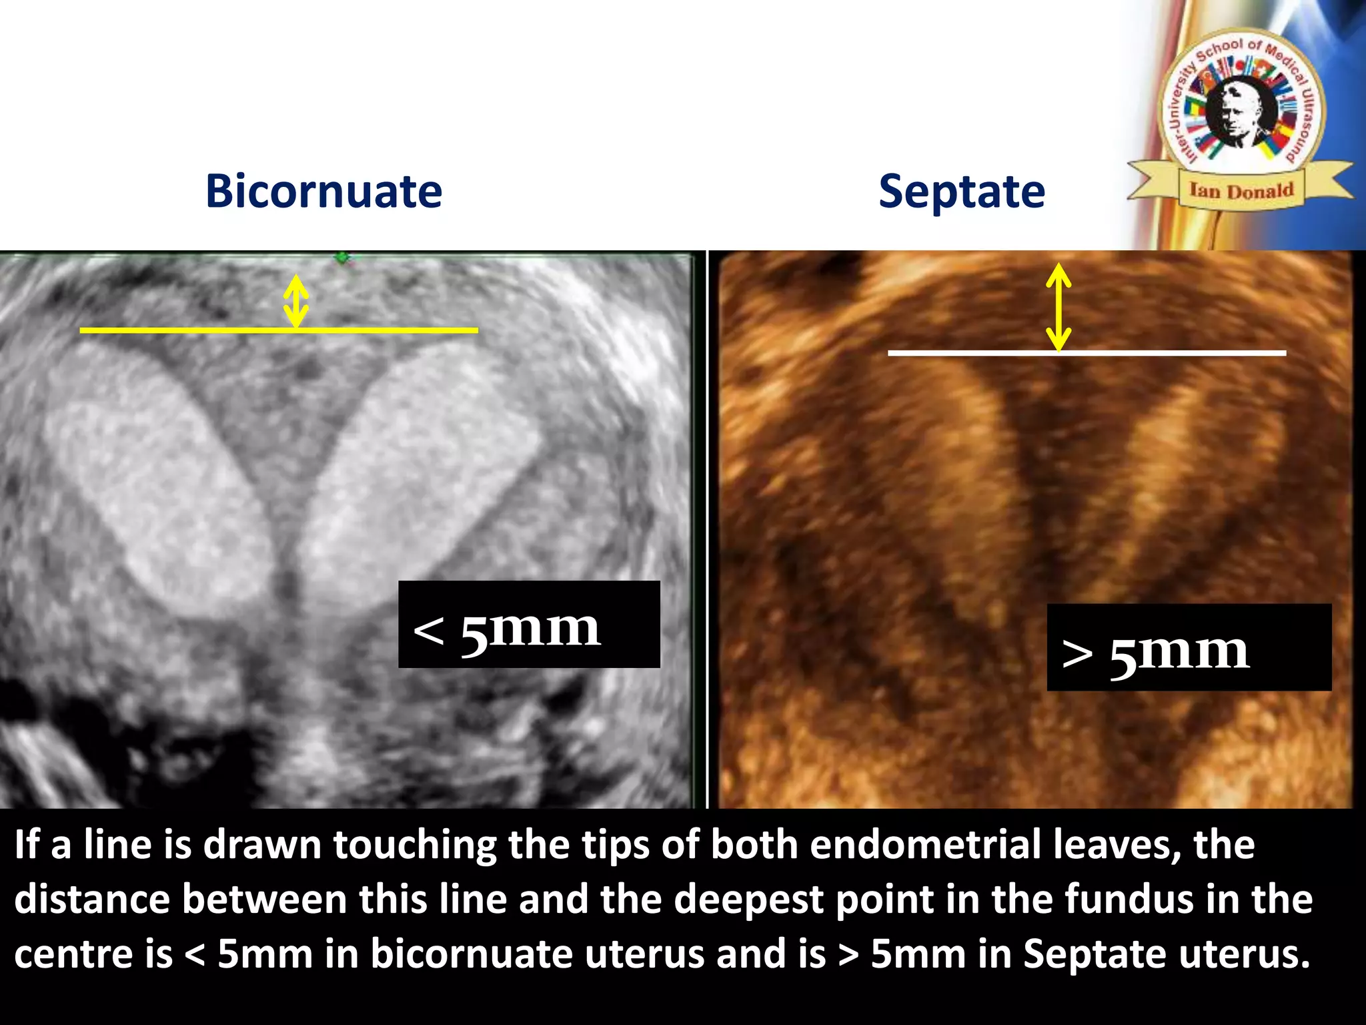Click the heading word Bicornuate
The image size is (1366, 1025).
324,192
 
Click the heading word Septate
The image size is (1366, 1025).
961,192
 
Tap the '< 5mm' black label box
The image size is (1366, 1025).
529,625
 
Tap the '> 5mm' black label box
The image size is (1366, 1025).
1189,647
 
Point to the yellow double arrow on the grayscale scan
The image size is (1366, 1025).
296,302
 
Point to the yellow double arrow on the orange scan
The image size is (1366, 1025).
1059,307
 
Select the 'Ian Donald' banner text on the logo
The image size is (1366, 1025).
1241,191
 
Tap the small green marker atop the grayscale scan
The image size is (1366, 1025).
342,257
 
